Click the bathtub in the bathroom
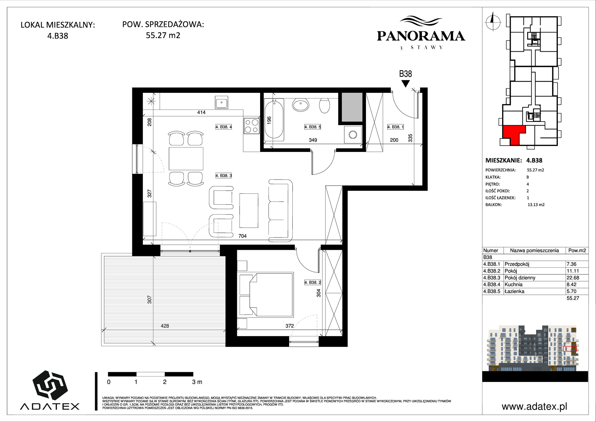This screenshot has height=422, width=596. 274,119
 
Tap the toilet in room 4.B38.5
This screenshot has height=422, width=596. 325,106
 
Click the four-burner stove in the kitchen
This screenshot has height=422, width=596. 252,126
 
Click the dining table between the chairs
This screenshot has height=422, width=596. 186,158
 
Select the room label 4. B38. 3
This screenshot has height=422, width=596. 223,176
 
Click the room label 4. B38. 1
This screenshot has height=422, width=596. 395,127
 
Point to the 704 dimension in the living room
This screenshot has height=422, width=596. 243,236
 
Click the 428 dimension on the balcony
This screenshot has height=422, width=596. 165,326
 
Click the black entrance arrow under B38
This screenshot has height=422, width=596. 405,84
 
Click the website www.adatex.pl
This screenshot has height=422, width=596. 534,406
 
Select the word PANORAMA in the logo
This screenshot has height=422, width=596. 421,36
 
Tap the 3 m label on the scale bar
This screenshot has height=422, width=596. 197,382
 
